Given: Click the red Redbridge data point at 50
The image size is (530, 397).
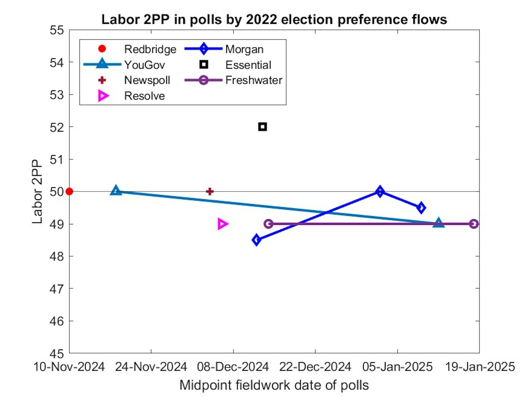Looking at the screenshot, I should [70, 191].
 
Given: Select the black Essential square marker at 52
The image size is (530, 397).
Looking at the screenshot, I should [262, 127].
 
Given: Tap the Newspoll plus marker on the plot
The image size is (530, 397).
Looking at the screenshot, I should [210, 191].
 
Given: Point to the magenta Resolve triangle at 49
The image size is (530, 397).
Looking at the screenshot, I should [222, 224].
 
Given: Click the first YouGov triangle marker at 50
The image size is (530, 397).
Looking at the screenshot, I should [116, 191].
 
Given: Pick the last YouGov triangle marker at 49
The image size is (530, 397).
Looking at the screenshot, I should [438, 223].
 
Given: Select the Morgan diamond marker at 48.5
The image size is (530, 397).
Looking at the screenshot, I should [256, 240].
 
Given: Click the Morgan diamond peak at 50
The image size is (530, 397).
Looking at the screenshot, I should [380, 191].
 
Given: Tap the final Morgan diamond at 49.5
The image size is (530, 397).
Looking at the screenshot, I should [421, 207].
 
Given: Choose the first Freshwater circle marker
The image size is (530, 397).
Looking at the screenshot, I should [268, 224].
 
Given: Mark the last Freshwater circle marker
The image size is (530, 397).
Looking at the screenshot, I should [474, 224].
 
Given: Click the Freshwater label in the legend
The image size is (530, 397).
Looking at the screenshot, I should [254, 80].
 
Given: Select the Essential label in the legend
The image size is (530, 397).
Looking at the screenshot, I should [248, 65].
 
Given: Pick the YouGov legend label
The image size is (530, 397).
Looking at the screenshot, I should [144, 65].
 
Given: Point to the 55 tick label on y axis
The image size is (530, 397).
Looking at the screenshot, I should [57, 30].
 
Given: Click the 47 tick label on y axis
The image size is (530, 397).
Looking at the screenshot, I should [57, 289].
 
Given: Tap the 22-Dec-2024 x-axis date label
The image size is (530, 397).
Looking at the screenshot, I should [315, 367].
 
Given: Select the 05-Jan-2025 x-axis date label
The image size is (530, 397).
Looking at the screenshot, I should [397, 367].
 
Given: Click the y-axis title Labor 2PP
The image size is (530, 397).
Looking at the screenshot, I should [37, 191].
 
